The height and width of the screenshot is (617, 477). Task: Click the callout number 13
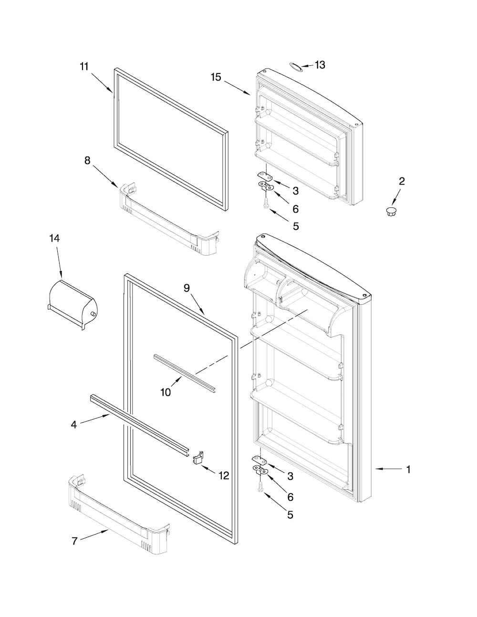pyautogui.click(x=320, y=65)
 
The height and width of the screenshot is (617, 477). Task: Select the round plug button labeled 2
pyautogui.click(x=391, y=211)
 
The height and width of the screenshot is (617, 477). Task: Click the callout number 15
pyautogui.click(x=216, y=77)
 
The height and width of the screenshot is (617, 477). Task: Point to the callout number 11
pyautogui.click(x=84, y=67)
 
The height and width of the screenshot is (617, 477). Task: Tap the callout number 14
pyautogui.click(x=55, y=238)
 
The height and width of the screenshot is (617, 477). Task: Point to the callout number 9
pyautogui.click(x=187, y=288)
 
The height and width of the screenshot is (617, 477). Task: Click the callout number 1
pyautogui.click(x=408, y=469)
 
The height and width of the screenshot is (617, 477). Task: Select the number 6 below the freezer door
pyautogui.click(x=295, y=209)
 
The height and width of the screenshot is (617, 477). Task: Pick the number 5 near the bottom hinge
pyautogui.click(x=290, y=515)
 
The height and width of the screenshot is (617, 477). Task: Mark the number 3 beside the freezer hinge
pyautogui.click(x=296, y=191)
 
